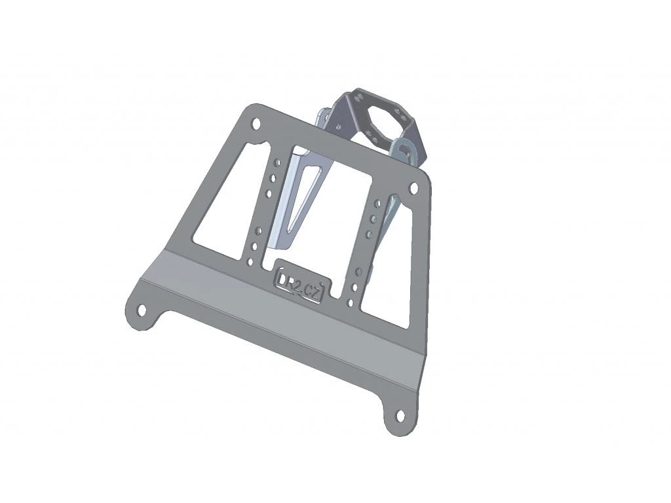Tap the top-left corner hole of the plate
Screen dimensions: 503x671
(x=256, y=123)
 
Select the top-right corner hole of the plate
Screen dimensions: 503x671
(x=413, y=188)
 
